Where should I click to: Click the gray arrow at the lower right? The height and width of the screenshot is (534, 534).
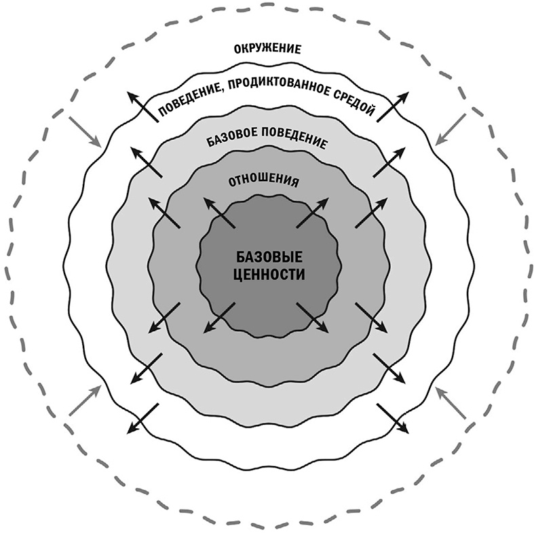(451, 402)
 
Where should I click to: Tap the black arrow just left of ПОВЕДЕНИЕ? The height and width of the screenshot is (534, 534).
(142, 107)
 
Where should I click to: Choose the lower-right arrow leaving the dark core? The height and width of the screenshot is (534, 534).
(313, 318)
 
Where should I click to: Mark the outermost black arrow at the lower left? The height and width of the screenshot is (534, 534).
(142, 417)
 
